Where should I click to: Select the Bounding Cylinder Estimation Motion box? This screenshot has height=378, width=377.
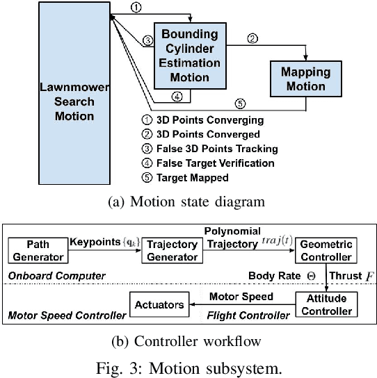(x=189, y=55)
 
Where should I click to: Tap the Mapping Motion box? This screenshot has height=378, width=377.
(x=305, y=79)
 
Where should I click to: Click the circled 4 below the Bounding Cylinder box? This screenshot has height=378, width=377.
(x=177, y=97)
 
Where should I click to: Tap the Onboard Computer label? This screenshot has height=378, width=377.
(x=48, y=276)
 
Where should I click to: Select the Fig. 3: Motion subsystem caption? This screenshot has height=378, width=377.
(x=188, y=366)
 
